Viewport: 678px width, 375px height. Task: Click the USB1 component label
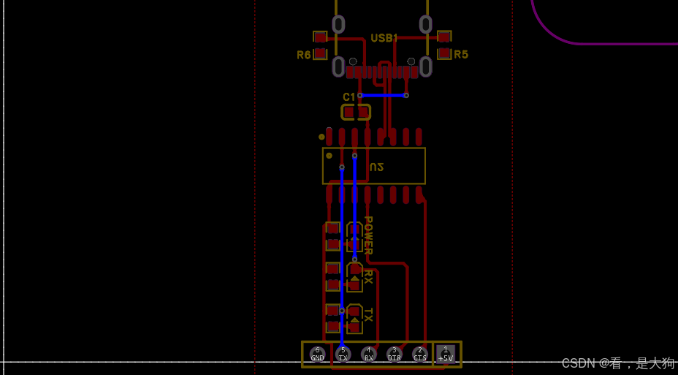(x=384, y=38)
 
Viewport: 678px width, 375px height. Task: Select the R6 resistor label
(x=303, y=55)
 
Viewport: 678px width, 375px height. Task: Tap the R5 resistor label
(x=461, y=55)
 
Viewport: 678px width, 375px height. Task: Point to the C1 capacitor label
(x=349, y=97)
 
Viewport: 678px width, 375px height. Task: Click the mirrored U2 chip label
(x=376, y=167)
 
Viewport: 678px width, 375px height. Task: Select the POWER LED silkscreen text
(x=368, y=235)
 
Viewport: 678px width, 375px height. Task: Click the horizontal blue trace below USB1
(x=383, y=95)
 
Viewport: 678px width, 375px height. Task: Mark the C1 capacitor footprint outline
(x=356, y=112)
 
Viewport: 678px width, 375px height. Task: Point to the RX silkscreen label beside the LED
(x=368, y=276)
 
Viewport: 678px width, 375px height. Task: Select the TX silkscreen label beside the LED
(x=368, y=315)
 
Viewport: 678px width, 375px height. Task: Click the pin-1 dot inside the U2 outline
(x=329, y=156)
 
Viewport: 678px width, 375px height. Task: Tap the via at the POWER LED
(x=355, y=259)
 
